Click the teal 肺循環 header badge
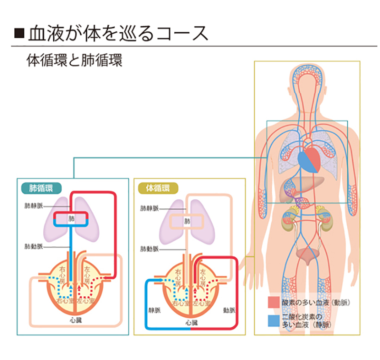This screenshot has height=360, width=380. click(x=41, y=187)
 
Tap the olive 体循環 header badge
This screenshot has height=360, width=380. click(x=158, y=187)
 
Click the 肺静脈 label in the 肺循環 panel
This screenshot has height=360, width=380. click(x=33, y=206)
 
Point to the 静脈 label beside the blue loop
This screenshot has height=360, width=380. click(x=154, y=310)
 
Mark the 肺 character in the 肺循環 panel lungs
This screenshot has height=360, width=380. click(x=72, y=219)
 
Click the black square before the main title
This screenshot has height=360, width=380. click(x=19, y=33)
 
